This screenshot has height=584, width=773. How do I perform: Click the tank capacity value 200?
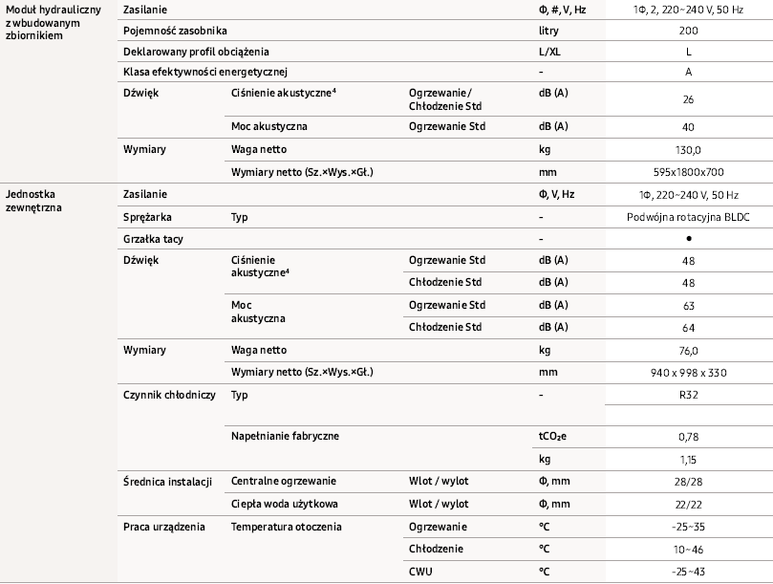688,30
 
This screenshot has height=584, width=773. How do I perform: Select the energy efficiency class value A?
688,72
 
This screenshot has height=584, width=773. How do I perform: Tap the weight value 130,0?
688,150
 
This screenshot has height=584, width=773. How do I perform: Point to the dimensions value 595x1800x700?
688,171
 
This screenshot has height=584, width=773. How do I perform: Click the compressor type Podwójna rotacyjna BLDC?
688,217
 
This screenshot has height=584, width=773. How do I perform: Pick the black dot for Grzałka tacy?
688,238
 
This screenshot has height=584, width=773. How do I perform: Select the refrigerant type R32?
688,394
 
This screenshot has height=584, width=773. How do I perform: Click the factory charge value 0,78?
688,437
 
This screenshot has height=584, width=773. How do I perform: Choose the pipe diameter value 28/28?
688,480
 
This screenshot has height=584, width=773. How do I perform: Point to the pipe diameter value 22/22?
688,504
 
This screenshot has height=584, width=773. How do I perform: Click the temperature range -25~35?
688,527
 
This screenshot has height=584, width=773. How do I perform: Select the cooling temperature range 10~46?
688,550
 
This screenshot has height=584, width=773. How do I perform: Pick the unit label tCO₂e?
552,437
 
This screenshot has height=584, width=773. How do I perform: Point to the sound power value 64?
688,327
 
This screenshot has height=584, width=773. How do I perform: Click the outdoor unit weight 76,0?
688,351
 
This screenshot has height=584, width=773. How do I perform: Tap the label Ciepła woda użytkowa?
284,504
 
